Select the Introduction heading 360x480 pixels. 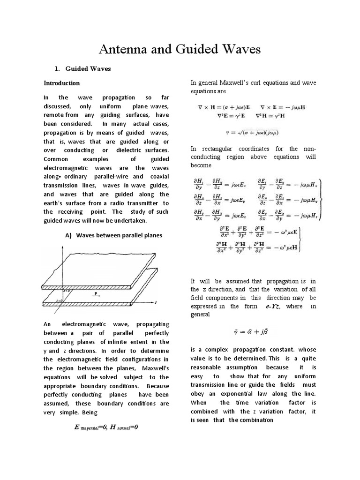point(62,83)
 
